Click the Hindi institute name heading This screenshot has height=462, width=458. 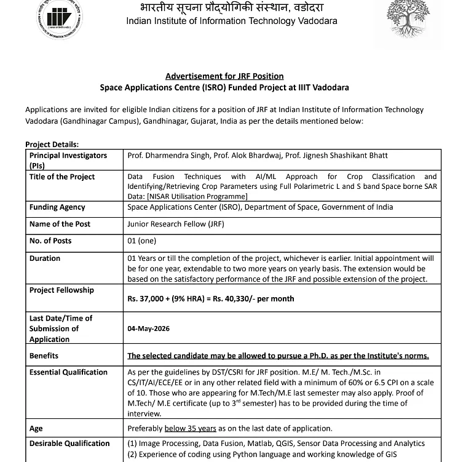tap(231, 7)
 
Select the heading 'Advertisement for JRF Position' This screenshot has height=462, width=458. tap(224, 76)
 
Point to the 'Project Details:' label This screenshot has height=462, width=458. tap(52, 145)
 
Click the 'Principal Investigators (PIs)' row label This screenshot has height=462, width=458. tap(68, 160)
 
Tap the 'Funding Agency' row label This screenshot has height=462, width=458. tap(57, 207)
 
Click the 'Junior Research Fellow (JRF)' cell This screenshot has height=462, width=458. tap(176, 224)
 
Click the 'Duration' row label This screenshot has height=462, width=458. tap(45, 258)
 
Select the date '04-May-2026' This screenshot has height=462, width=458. tap(149, 329)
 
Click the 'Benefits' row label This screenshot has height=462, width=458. tap(44, 356)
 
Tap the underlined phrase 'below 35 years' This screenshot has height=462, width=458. tap(190, 428)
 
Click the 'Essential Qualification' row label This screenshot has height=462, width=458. tap(68, 372)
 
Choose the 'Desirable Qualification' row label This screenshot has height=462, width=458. tap(69, 444)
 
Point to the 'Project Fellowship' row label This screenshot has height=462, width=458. tap(61, 290)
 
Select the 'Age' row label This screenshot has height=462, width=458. tap(36, 428)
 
